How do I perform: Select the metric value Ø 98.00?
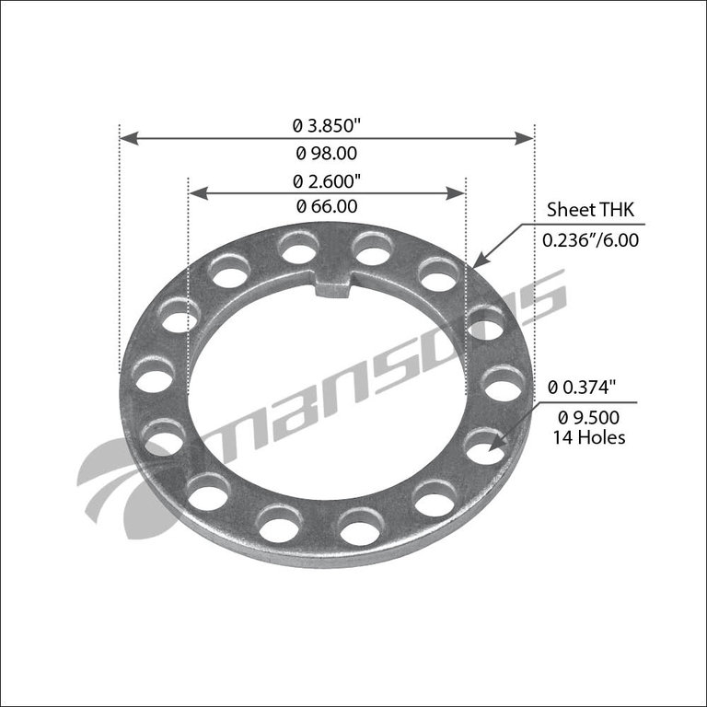coord(326,154)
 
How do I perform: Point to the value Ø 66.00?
coord(326,207)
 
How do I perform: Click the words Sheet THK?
coord(585,209)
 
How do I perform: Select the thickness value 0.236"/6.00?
coord(589,239)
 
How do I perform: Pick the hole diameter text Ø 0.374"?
coord(585,388)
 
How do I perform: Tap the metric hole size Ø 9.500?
coord(589,417)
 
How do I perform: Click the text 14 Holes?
coord(588,437)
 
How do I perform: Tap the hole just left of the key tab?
coord(297,248)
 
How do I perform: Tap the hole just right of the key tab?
coord(371,249)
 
